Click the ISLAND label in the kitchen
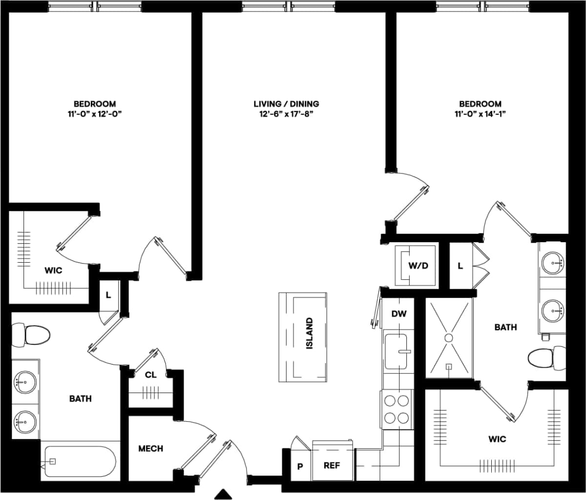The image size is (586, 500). tap(309, 333)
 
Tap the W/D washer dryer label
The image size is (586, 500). tap(418, 266)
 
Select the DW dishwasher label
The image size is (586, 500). tap(399, 314)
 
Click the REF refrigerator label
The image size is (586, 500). tap(332, 465)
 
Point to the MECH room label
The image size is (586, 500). tap(150, 448)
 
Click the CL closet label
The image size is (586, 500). tap(151, 375)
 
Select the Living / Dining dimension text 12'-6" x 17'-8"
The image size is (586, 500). tap(286, 114)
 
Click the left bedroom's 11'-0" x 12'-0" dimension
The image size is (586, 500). tap(95, 114)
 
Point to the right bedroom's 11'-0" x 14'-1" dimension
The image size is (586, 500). tap(480, 114)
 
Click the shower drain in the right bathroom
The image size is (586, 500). tap(448, 337)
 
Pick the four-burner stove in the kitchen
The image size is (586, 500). tap(396, 409)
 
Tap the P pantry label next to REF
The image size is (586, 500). tap(300, 466)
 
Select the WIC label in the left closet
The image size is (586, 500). tap(53, 270)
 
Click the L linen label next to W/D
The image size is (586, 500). tap(460, 266)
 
